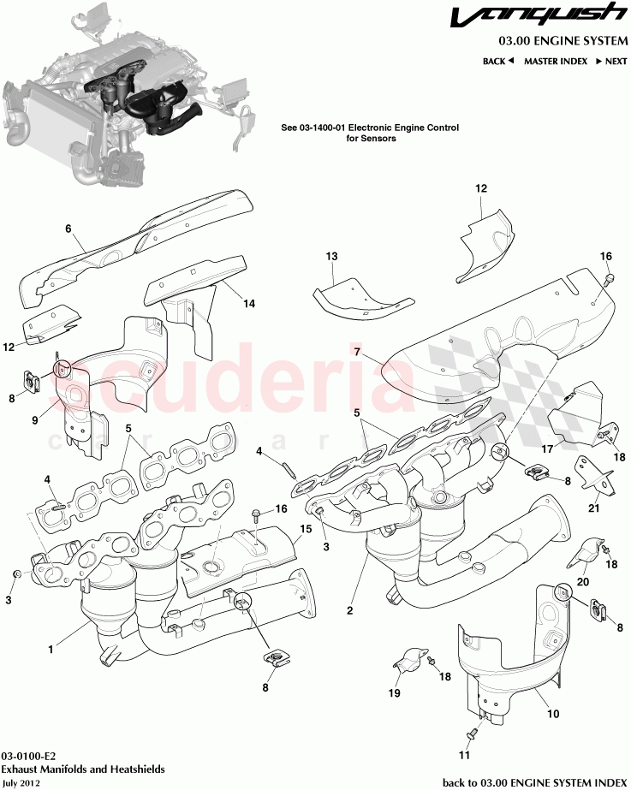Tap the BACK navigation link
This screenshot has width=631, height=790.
tap(497, 62)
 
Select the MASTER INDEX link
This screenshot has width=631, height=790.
tap(555, 62)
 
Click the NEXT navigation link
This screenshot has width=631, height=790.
tap(611, 62)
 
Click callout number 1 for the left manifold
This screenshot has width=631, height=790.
tap(51, 650)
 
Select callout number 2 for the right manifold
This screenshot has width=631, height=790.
tap(350, 610)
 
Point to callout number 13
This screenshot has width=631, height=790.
tap(332, 256)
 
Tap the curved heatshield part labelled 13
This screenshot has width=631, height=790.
tap(364, 295)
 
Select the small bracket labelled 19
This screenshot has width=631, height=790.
tap(410, 662)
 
